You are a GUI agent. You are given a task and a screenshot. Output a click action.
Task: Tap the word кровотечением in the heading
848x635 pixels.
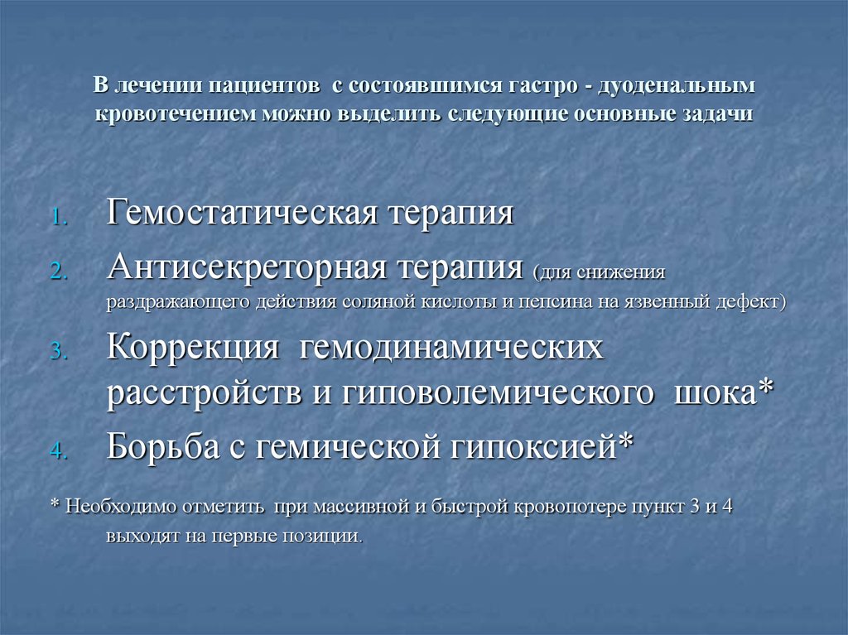click(176, 113)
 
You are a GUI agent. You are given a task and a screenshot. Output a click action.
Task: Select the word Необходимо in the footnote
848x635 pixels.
click(120, 507)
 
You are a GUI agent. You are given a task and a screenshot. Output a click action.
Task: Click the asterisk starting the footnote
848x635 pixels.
click(54, 506)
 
